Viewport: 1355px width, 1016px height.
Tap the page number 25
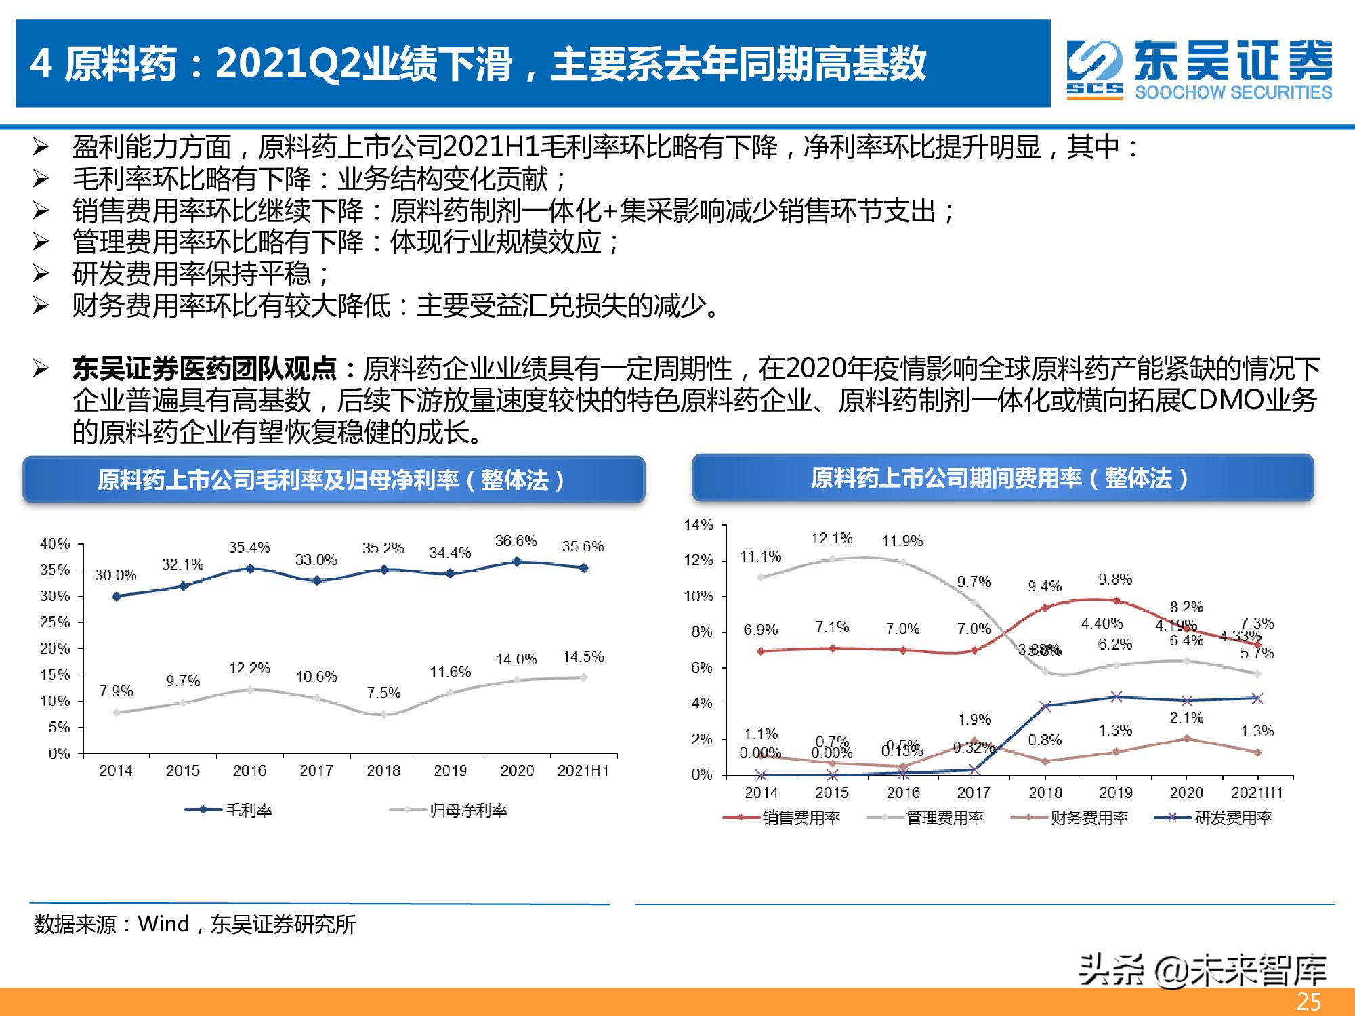(x=1308, y=1002)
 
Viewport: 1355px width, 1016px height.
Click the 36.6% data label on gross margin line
(x=516, y=541)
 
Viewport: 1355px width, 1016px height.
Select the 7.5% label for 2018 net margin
(x=383, y=693)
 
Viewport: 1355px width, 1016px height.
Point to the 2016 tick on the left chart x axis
(x=249, y=770)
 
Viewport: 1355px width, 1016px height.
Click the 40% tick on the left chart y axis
(x=55, y=543)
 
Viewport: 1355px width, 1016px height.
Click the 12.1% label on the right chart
(x=832, y=538)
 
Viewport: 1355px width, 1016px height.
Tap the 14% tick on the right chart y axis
(x=699, y=525)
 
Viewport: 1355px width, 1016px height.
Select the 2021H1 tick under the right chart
(x=1257, y=792)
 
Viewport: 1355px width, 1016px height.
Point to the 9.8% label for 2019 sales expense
(x=1115, y=580)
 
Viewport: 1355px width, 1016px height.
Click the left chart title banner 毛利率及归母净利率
(x=333, y=480)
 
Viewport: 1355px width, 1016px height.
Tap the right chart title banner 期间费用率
(x=1002, y=478)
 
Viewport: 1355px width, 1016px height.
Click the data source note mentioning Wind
(x=194, y=925)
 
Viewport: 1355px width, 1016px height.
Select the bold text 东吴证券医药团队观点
(x=205, y=369)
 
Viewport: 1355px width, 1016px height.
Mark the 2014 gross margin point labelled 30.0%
(x=117, y=597)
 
